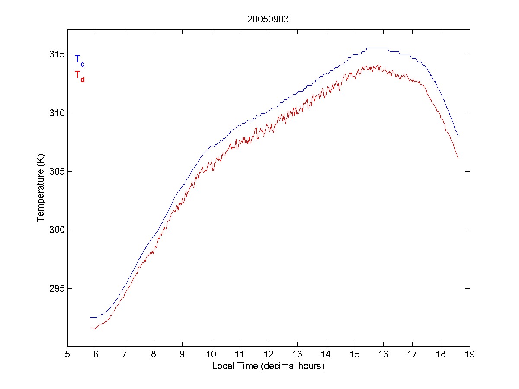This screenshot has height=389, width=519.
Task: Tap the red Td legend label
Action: click(79, 76)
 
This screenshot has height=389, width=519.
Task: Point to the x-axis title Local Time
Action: click(268, 366)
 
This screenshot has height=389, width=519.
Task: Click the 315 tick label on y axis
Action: click(55, 54)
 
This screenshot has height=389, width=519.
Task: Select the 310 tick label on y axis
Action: click(55, 113)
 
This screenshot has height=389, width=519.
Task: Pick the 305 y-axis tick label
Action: click(55, 172)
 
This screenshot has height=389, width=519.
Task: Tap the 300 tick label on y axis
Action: click(55, 230)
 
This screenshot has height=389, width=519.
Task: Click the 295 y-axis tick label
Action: click(55, 288)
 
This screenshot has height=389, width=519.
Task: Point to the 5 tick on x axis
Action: click(67, 354)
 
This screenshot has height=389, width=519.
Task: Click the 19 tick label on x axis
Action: click(470, 354)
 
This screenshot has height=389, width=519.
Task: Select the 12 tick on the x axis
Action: click(269, 354)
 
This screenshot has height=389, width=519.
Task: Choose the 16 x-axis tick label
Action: click(384, 354)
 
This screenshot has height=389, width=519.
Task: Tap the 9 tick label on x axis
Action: click(183, 354)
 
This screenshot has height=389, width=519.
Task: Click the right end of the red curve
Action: click(458, 158)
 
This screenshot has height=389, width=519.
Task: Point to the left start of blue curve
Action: click(90, 317)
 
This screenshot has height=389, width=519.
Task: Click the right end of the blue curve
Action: click(458, 137)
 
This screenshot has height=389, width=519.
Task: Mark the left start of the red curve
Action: click(90, 328)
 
